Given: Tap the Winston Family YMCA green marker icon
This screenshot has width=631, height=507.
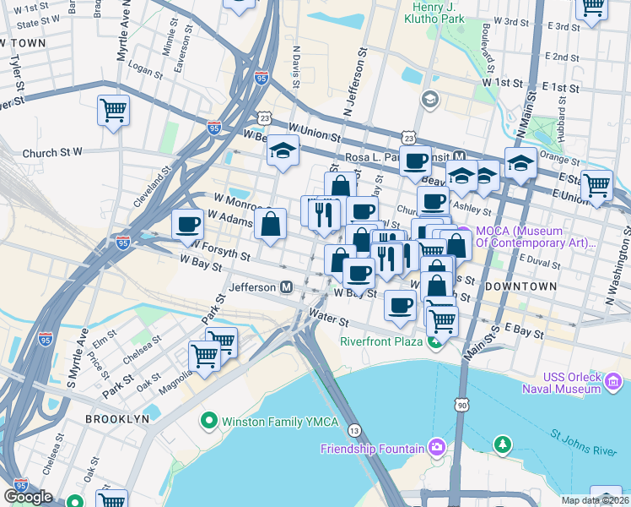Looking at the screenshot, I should [x=208, y=420].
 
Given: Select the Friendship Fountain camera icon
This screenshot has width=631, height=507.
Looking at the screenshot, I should [x=436, y=446].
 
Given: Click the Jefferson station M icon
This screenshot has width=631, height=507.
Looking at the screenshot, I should [x=287, y=287].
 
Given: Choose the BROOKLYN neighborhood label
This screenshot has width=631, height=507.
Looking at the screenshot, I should [x=116, y=419].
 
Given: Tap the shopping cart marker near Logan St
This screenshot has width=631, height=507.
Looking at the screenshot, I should [x=113, y=109].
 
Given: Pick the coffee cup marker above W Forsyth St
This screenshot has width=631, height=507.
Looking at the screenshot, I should [x=187, y=225].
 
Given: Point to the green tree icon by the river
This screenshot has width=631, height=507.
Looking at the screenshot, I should [x=503, y=444].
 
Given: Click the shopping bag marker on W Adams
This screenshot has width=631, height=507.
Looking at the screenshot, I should [x=271, y=225].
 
